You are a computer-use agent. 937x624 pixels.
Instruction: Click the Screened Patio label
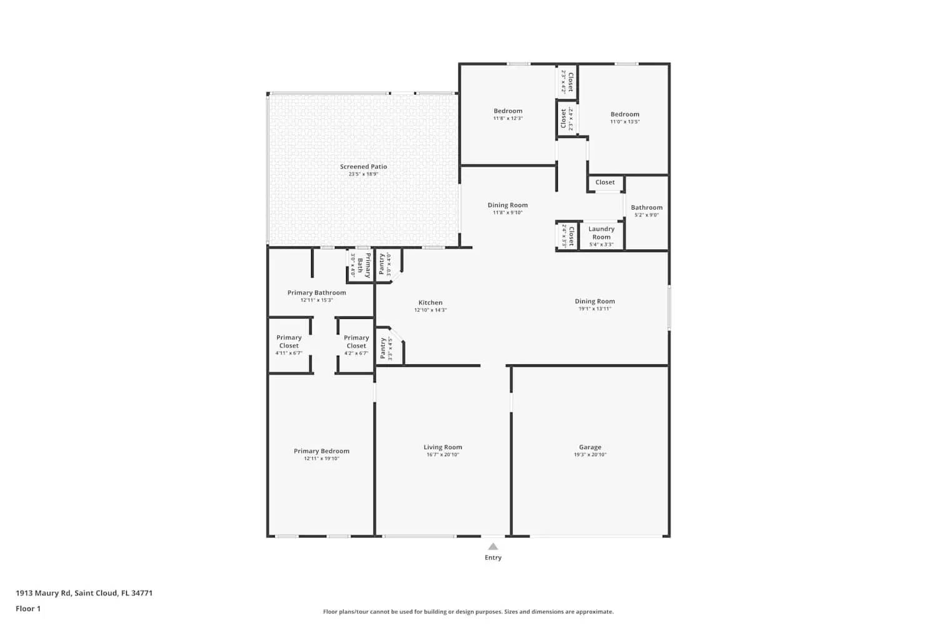click(x=364, y=167)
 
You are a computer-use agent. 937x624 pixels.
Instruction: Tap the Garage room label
click(x=590, y=447)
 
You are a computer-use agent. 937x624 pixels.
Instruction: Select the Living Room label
click(x=443, y=447)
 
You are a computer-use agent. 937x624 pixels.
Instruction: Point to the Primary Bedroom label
click(x=322, y=451)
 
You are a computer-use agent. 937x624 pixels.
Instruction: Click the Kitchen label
click(x=430, y=303)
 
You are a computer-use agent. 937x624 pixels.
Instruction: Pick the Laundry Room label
click(x=602, y=233)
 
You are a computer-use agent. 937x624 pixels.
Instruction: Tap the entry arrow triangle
click(x=493, y=547)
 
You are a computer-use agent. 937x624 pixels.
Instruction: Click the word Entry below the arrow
click(x=493, y=558)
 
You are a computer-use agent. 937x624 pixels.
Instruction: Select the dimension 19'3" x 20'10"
click(x=590, y=455)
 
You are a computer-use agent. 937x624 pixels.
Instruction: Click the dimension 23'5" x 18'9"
click(x=364, y=174)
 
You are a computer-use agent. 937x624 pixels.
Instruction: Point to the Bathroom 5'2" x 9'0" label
click(x=647, y=208)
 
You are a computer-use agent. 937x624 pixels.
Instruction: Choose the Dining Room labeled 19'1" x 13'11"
click(x=595, y=301)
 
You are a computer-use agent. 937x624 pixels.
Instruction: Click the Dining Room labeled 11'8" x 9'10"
click(x=507, y=205)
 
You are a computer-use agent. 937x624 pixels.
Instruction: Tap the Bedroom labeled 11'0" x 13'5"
click(x=625, y=114)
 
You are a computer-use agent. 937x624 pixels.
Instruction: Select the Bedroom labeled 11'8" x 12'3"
click(x=508, y=111)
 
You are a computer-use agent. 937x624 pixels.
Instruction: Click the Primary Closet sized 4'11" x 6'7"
click(x=289, y=341)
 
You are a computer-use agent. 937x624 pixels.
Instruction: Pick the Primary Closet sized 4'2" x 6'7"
click(x=356, y=341)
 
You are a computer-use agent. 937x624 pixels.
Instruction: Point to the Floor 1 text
click(x=28, y=609)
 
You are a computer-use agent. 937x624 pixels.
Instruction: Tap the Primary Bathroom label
click(x=317, y=293)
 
